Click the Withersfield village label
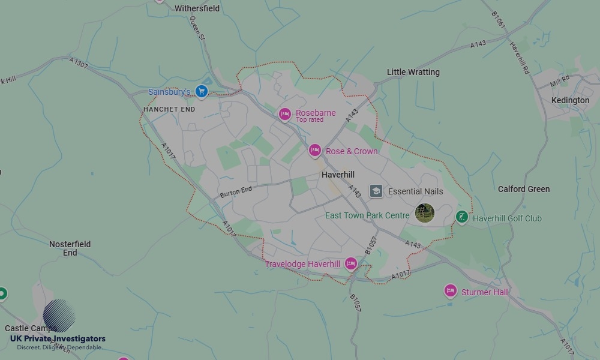tap(197, 8)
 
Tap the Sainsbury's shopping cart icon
tap(202, 92)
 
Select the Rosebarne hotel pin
tap(285, 114)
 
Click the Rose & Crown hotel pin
tap(315, 151)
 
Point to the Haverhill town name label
tap(338, 175)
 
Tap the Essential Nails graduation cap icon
tap(376, 191)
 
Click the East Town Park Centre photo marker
tap(425, 213)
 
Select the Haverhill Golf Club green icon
tap(461, 217)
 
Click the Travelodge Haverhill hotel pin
tap(351, 263)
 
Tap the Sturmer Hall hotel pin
tap(451, 291)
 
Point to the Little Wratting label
tap(413, 72)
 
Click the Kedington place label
tap(570, 100)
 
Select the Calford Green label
tap(523, 189)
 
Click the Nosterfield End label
tap(70, 248)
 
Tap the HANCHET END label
tap(169, 110)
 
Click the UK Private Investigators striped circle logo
tap(59, 316)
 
